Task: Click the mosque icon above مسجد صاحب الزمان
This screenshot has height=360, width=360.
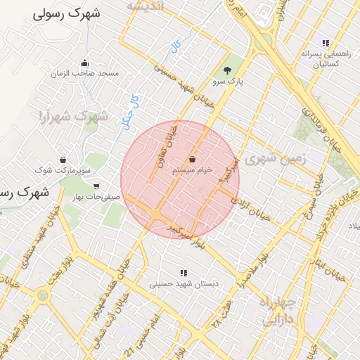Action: point(85,63)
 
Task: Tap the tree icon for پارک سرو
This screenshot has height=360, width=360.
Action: point(226,70)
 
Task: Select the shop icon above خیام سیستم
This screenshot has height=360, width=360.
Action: point(192,160)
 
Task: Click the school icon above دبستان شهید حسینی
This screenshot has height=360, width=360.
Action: point(184,273)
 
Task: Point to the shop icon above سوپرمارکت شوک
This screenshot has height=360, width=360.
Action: point(63,160)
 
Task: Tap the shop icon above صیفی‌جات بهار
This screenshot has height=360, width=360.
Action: point(96,186)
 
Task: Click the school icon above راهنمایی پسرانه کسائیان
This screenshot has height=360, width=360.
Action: point(325,43)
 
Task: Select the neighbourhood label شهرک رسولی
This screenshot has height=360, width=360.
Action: point(67,13)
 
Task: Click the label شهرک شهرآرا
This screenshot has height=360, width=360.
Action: point(74,116)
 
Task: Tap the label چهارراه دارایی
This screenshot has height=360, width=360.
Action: point(280,311)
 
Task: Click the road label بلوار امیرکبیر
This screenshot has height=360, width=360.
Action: point(186,231)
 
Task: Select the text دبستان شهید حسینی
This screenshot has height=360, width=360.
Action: point(184,285)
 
